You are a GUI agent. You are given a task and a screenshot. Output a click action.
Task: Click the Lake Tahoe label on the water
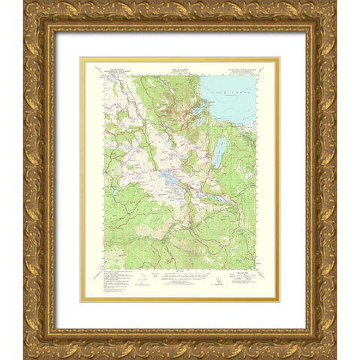point(239,88)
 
